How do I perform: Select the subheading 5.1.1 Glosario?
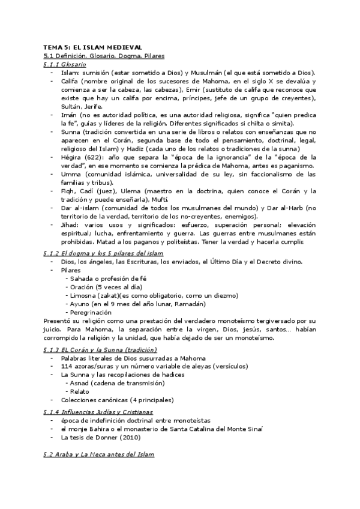point(65,64)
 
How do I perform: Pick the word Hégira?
point(72,157)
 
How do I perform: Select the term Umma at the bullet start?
point(71,173)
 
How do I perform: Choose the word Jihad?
point(70,224)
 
